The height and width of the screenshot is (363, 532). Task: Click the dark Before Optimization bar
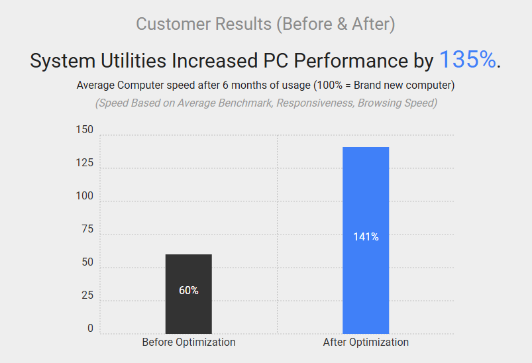(x=189, y=293)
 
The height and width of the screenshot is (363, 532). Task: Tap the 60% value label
(x=189, y=290)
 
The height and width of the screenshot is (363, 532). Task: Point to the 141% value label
(x=366, y=236)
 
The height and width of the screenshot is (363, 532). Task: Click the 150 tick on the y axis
(x=84, y=130)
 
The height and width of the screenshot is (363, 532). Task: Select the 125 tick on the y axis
(x=84, y=163)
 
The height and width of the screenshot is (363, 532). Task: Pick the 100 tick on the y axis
(x=84, y=197)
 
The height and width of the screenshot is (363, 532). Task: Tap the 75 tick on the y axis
(x=87, y=229)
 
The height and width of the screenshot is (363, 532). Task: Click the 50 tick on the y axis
(x=87, y=263)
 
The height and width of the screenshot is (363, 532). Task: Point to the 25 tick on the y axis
(x=87, y=295)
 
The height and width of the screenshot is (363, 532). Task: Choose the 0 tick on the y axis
(x=90, y=329)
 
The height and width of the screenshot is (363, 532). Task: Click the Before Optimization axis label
(x=189, y=342)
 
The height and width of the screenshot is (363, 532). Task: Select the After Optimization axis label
(x=366, y=342)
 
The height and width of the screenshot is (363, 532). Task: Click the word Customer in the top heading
(x=172, y=25)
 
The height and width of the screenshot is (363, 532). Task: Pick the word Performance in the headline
(x=351, y=62)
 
